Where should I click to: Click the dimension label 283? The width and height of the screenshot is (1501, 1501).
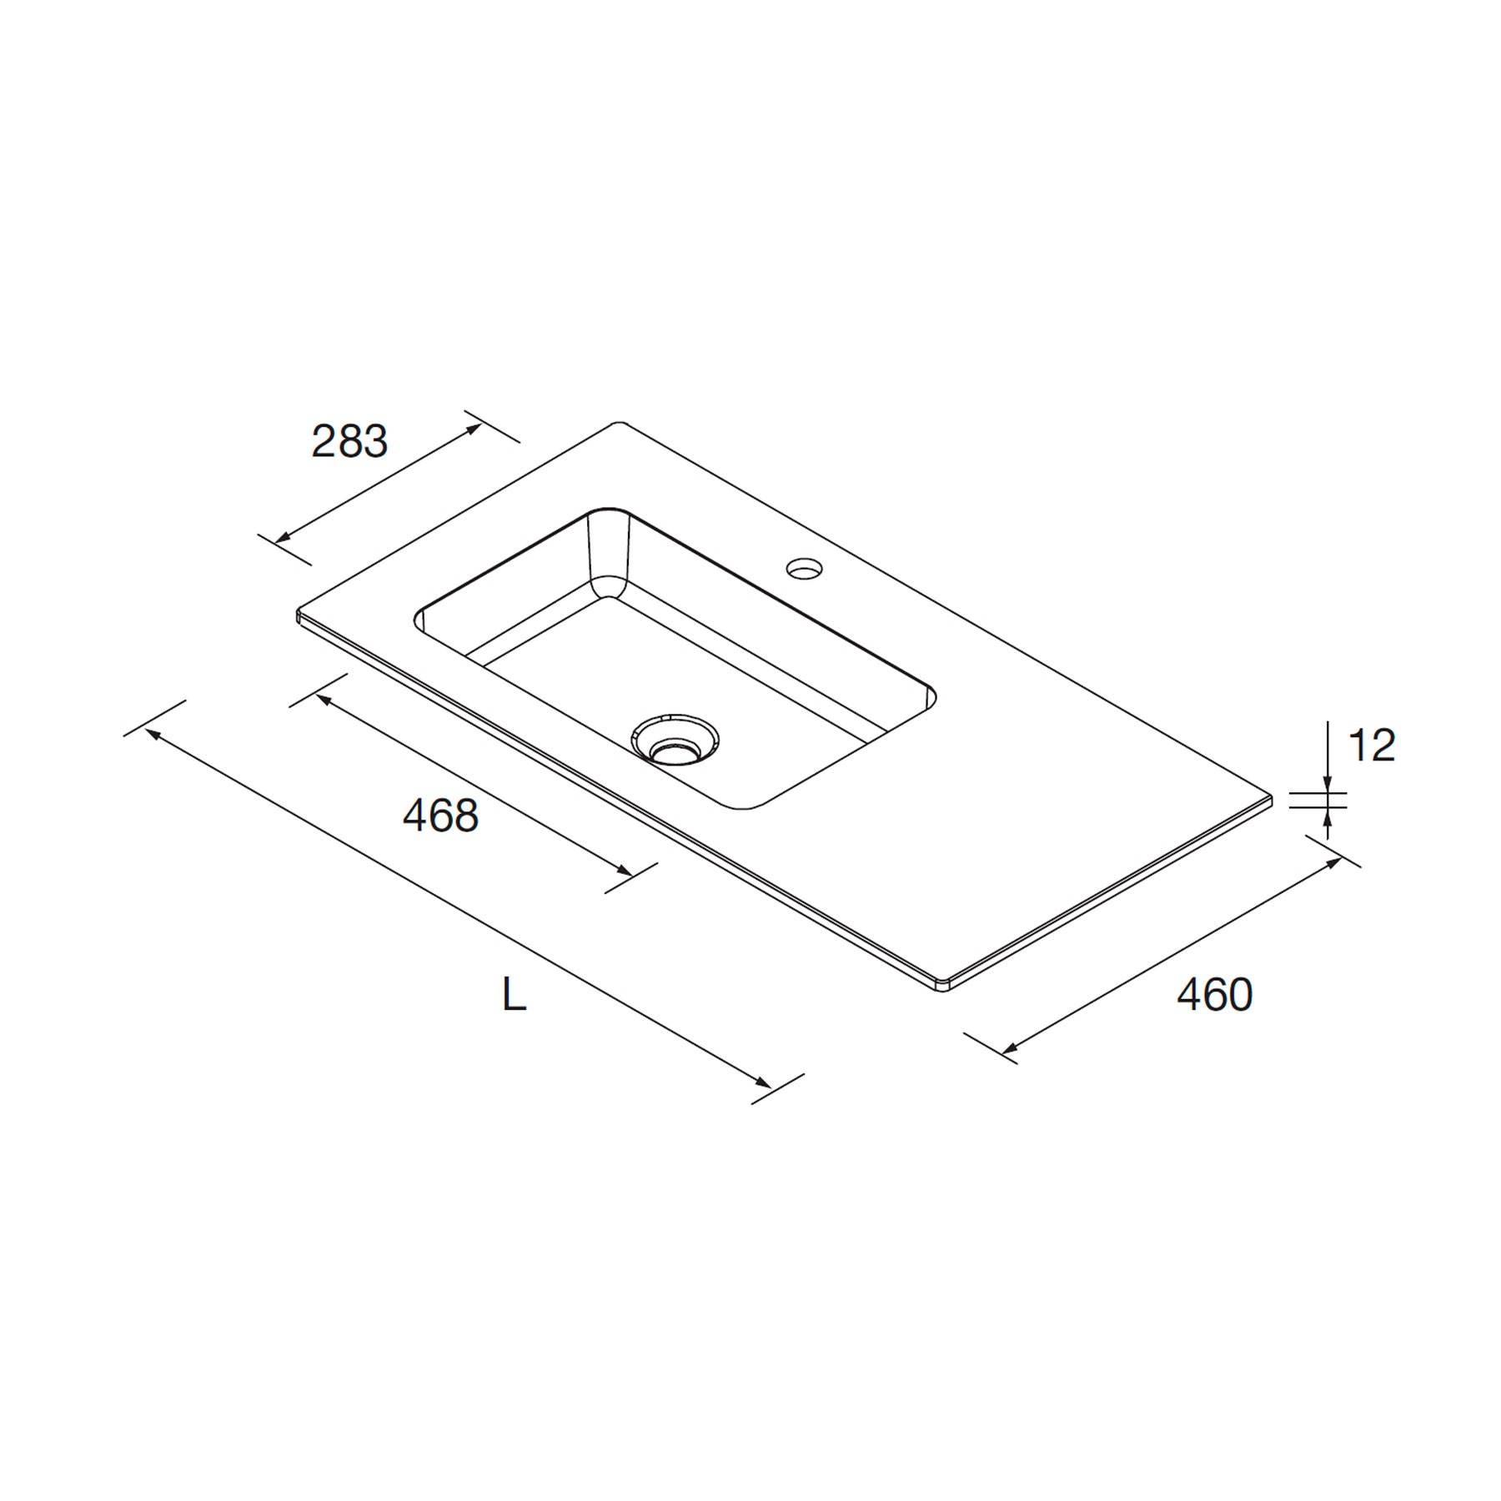pos(349,442)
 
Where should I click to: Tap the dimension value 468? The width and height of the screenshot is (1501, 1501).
pos(440,816)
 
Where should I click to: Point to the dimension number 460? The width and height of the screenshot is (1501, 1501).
pos(1214,994)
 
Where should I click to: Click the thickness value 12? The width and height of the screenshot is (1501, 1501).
pos(1371,745)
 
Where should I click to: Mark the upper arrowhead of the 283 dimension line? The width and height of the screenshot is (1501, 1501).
pos(475,429)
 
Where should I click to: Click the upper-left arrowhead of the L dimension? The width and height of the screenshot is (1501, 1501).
pos(153,732)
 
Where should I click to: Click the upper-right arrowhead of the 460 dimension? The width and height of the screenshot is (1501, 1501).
pos(1334,861)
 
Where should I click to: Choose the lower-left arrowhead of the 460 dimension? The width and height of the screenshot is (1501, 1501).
pos(1008,1049)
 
